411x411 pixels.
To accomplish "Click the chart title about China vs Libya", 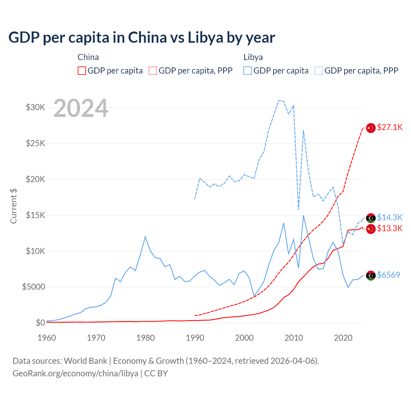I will coord(142,38).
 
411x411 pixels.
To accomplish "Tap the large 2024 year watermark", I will coord(81,108).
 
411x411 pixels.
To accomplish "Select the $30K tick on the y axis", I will coord(36,107).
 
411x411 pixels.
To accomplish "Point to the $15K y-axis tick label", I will coord(36,215).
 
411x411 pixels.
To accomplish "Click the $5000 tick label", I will coord(34,287).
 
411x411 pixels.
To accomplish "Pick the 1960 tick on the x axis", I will coord(47,338).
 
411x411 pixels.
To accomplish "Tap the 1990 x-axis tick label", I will coord(195,338).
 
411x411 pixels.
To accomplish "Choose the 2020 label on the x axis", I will coord(343,338).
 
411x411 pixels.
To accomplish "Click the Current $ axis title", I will coord(13,206).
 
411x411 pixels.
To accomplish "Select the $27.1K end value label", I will coord(390,127).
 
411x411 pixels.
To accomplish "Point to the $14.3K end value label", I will coord(390,218).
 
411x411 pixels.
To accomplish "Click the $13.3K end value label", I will coord(390,229).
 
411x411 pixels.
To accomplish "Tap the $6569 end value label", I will coord(389,275).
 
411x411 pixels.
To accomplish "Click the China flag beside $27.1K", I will coord(371,128).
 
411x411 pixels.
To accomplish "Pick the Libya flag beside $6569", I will coord(371,275).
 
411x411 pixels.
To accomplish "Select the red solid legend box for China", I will coord(82,71).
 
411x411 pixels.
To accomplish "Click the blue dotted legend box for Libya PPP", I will coord(319,71).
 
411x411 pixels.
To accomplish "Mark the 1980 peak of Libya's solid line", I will coord(145,237).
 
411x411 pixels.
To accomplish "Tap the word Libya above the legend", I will coord(253,57).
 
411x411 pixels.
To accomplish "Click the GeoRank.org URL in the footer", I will coord(75,373).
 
